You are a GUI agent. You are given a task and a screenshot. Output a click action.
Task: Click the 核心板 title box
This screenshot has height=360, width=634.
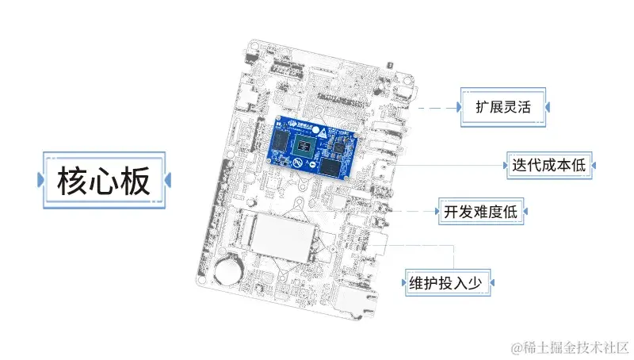pyautogui.click(x=103, y=182)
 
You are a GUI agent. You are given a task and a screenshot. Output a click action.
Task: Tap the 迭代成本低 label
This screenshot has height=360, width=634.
pyautogui.click(x=548, y=165)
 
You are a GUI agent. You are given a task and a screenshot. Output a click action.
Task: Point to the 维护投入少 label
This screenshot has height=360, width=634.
pyautogui.click(x=449, y=281)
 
